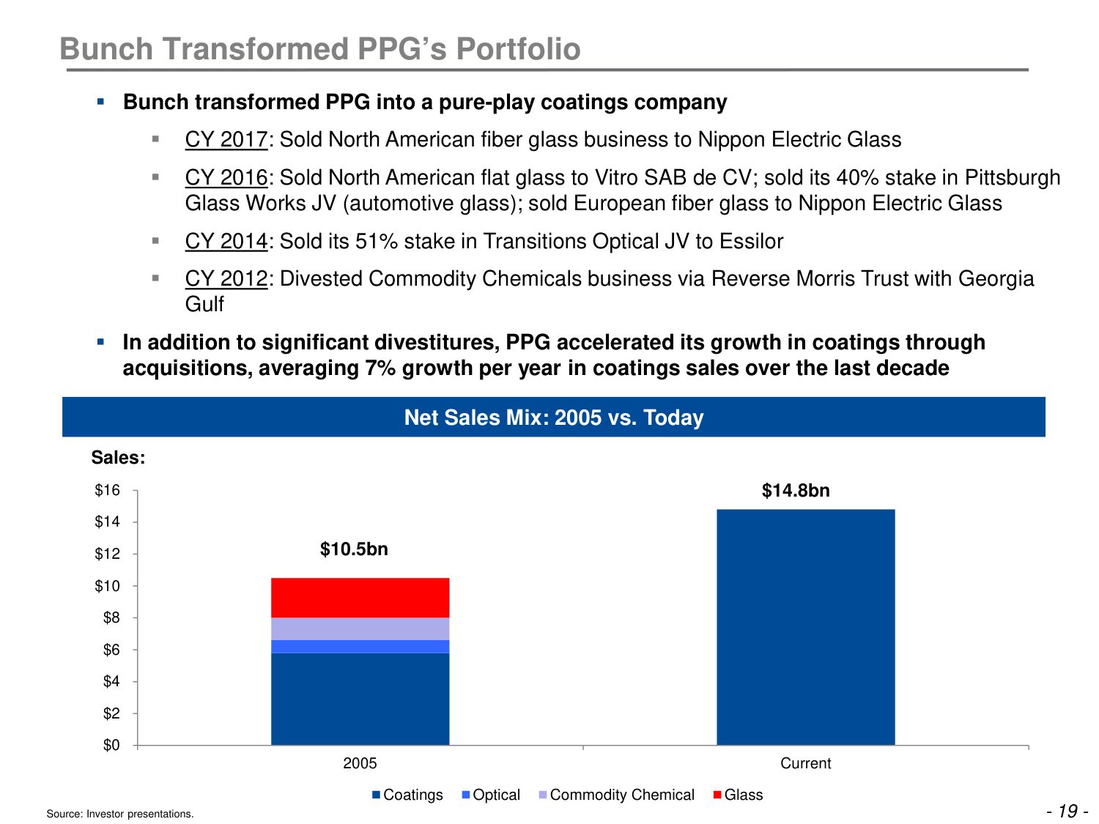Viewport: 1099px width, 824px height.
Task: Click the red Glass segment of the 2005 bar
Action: (360, 598)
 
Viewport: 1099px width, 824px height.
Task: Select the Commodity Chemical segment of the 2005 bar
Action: (360, 628)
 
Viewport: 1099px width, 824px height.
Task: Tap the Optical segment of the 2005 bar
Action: (360, 646)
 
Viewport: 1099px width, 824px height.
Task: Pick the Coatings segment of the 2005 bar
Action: (360, 699)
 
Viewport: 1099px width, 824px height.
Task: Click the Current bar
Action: (805, 627)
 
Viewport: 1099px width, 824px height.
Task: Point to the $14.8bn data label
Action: (796, 491)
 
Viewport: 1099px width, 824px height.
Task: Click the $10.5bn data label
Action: (354, 549)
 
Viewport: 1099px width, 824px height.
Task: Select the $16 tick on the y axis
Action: (108, 490)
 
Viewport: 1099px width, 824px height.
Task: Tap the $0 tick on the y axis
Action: (111, 745)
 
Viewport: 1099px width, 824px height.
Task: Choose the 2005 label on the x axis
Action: (360, 763)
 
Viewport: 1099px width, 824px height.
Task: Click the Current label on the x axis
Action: (805, 763)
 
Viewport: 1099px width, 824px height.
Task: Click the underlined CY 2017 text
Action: (226, 139)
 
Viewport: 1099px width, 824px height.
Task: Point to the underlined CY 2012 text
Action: (226, 278)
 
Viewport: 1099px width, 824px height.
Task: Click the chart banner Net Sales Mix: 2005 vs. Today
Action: (554, 417)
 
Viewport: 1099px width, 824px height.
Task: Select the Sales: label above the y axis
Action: (118, 458)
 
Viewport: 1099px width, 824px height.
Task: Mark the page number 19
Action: (1068, 811)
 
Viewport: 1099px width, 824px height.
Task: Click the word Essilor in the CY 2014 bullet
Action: (754, 241)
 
